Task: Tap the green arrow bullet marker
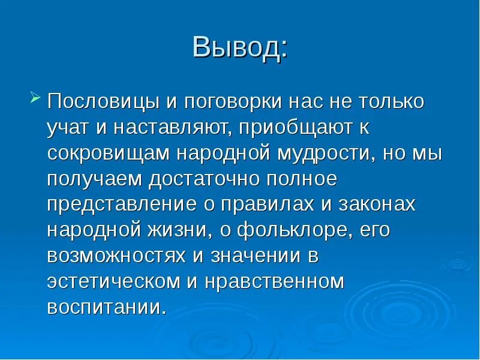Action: click(x=35, y=97)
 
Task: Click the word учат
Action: click(x=67, y=128)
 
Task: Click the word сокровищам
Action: click(x=109, y=153)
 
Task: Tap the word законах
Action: click(x=377, y=205)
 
